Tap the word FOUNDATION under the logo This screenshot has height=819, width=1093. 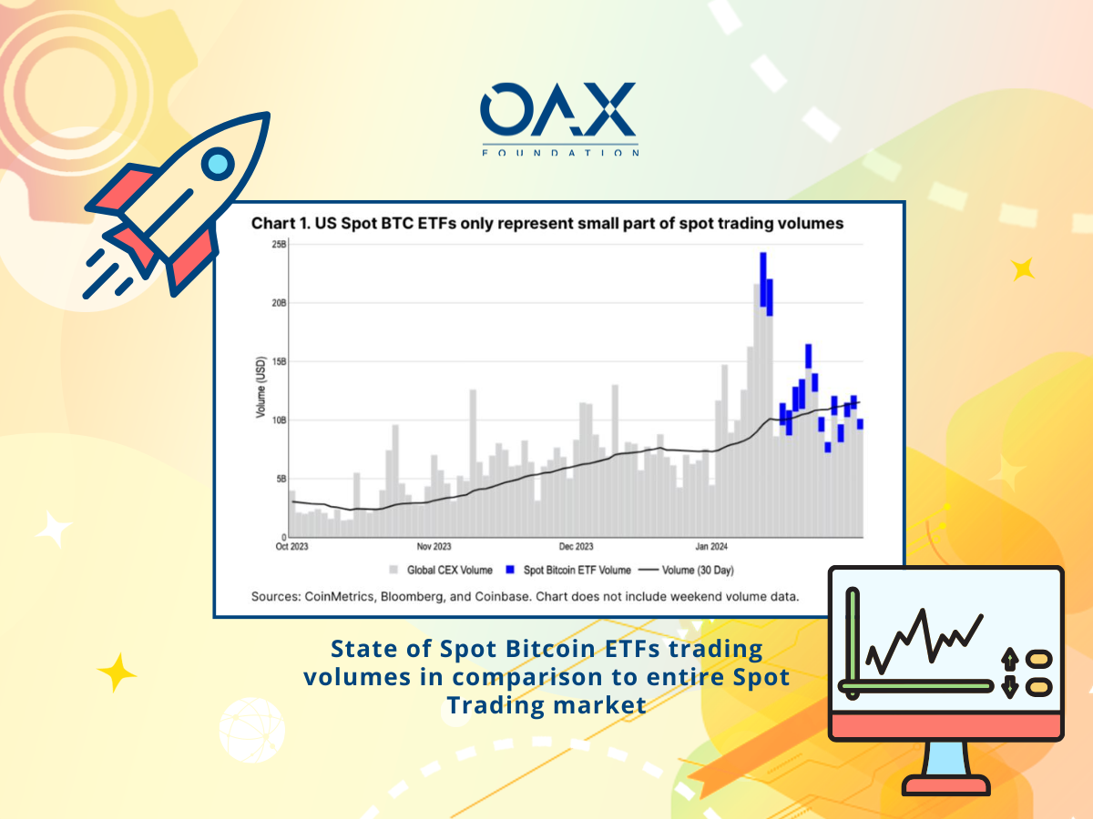point(559,153)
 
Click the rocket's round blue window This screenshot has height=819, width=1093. point(218,164)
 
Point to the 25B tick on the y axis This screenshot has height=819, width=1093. point(279,244)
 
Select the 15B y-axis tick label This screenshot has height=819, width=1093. point(279,361)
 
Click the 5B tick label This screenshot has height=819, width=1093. point(281,479)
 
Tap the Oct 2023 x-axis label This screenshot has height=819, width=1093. point(291,547)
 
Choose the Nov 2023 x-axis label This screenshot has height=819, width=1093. point(434,547)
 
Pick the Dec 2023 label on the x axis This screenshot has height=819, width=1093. point(576,547)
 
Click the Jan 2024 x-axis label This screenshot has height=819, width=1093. point(711,547)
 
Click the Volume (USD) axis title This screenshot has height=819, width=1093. point(260,387)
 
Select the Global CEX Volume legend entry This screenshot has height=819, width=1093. point(441,570)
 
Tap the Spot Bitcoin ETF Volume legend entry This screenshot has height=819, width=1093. point(568,570)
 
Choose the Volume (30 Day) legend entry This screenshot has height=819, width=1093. point(686,570)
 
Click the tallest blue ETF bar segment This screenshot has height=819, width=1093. point(763,279)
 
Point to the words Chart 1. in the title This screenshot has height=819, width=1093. point(281,223)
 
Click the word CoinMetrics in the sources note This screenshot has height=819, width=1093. point(339,596)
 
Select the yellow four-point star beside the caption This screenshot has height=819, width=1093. point(117,672)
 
